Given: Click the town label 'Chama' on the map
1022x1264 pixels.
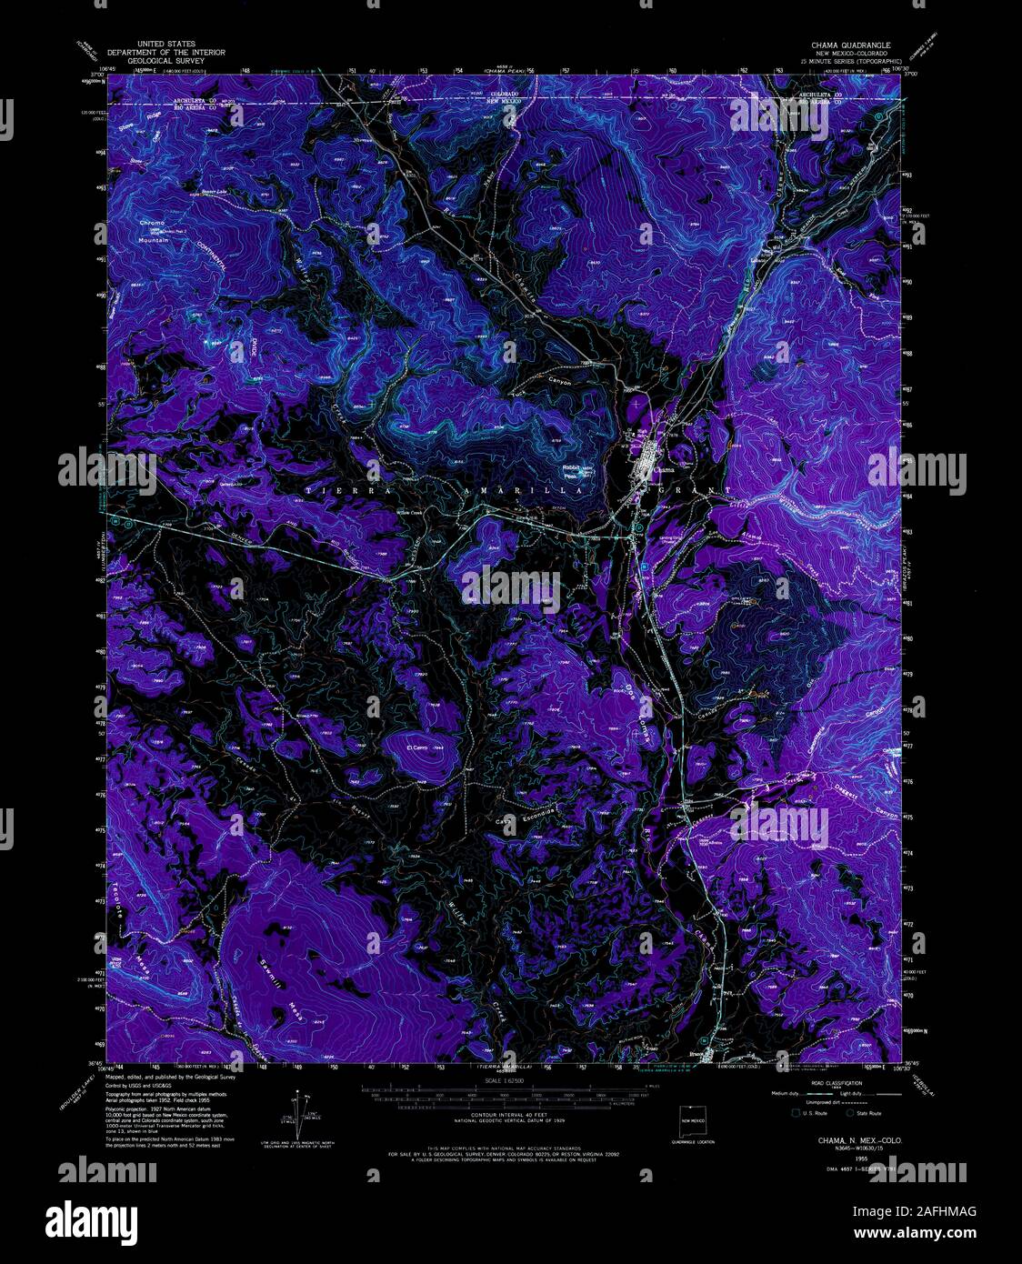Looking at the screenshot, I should (x=664, y=470).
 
